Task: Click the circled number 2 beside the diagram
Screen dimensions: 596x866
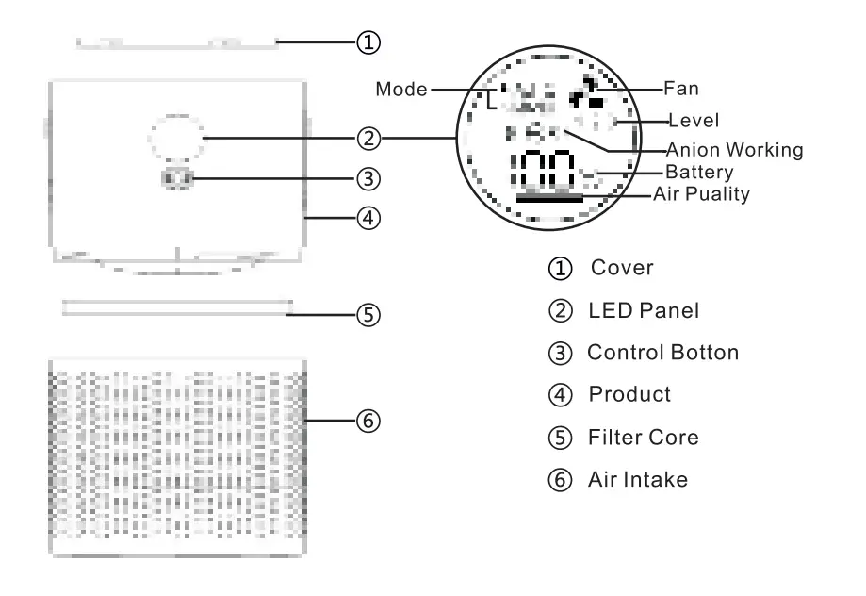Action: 369,140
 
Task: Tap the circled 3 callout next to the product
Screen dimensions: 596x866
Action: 369,177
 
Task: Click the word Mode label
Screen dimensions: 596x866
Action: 401,90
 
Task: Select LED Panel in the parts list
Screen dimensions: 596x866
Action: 641,309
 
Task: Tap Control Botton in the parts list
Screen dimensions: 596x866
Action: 662,352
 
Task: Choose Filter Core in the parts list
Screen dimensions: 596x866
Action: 644,438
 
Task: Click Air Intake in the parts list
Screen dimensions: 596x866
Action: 638,480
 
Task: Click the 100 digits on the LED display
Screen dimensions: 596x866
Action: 543,171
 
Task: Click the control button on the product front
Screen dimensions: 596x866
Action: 176,177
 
